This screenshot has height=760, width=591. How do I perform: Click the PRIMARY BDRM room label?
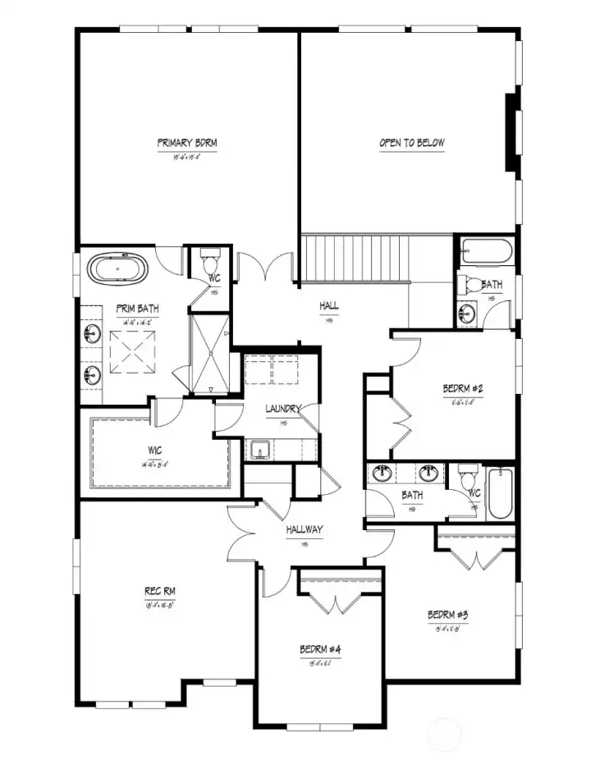click(x=187, y=143)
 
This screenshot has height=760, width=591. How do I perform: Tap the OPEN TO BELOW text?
click(x=411, y=143)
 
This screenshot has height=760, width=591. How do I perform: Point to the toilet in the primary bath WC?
click(x=208, y=264)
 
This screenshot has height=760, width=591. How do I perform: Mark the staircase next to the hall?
click(x=354, y=258)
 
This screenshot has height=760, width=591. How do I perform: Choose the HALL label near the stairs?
click(x=329, y=306)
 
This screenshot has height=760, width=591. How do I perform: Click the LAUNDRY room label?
click(x=283, y=409)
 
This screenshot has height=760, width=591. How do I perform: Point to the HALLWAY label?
click(x=305, y=530)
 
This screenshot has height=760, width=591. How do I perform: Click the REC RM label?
click(x=160, y=591)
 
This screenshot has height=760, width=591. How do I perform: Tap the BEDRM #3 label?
click(x=447, y=615)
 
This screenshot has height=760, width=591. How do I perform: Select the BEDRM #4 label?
click(x=320, y=650)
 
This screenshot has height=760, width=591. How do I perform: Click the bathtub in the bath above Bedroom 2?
click(x=486, y=250)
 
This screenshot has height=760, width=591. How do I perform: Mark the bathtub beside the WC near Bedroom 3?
click(x=499, y=493)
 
